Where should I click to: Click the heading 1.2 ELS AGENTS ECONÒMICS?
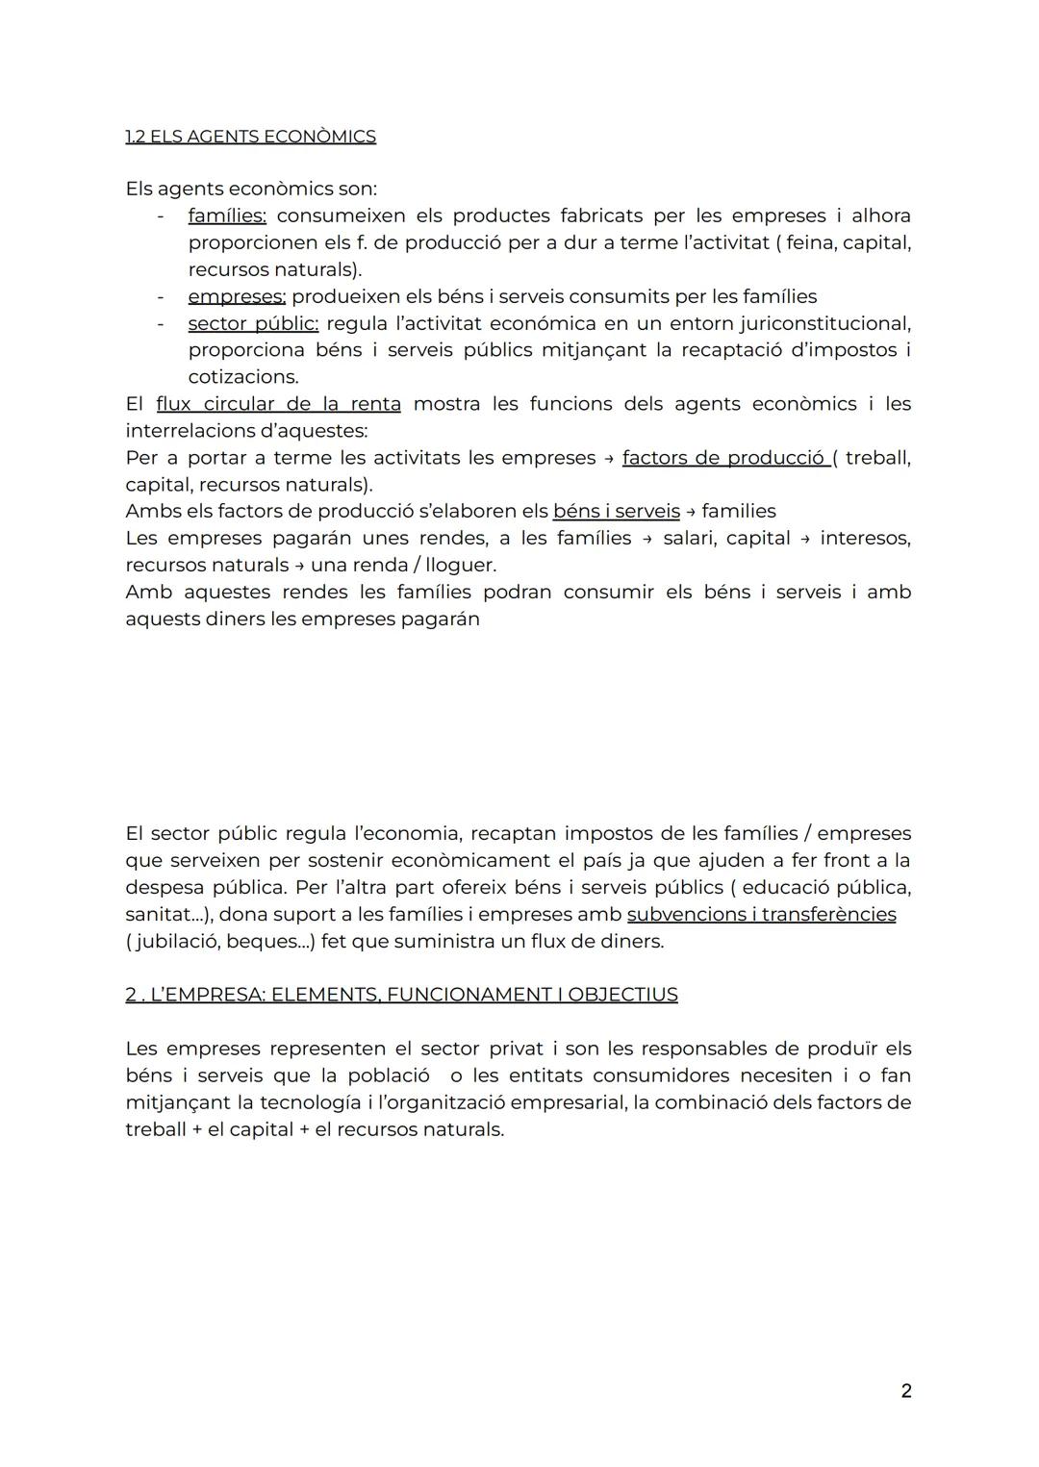coord(250,137)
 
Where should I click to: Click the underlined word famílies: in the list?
coord(227,215)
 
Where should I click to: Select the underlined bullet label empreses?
coord(237,296)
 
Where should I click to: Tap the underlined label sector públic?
coord(253,323)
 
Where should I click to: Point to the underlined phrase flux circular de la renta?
coord(278,404)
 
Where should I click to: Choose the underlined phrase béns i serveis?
coord(616,512)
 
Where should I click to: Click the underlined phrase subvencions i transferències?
coord(761,914)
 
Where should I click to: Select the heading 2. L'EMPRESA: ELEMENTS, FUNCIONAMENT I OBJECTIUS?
coord(401,995)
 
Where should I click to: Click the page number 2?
coord(905,1391)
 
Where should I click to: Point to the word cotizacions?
coord(242,377)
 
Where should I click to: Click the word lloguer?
coord(461,566)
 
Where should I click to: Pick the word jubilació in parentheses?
coord(176,941)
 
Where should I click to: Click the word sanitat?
coord(157,914)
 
